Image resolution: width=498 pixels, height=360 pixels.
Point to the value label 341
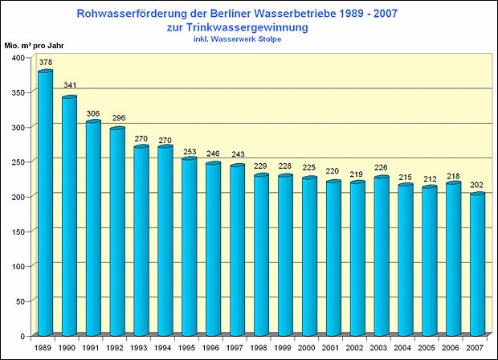click(x=70, y=87)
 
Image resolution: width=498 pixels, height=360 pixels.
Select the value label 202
click(x=478, y=184)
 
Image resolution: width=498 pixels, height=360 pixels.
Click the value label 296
click(x=118, y=118)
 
